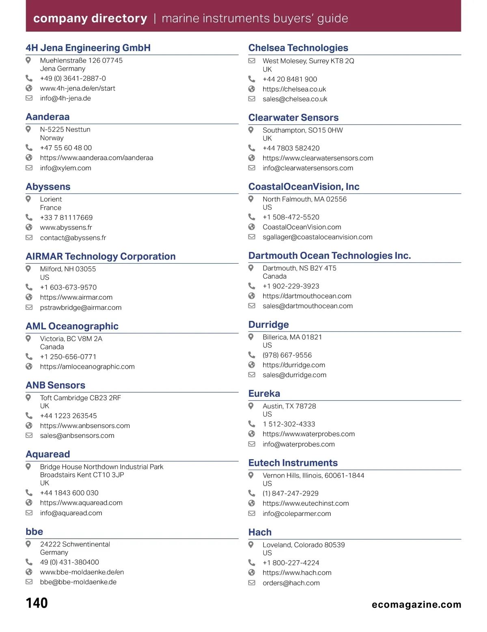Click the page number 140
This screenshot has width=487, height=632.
coord(37,603)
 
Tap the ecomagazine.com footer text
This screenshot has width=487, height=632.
coord(416,604)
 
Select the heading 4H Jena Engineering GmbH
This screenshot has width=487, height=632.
coord(88,48)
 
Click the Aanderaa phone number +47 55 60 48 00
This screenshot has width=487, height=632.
coord(66,148)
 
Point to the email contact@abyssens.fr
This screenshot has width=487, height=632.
coord(73,238)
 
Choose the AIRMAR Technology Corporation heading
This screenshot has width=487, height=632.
coord(101,256)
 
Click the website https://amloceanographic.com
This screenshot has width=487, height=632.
coord(87,367)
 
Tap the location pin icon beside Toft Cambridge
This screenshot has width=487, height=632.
coord(28,398)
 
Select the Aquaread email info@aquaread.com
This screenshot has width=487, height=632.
coord(71,513)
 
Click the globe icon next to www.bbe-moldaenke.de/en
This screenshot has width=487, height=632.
coord(29,572)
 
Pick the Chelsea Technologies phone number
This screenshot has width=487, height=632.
coord(290,79)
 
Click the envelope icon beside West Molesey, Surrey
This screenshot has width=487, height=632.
coord(252,61)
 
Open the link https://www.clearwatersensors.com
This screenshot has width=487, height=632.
coord(318,158)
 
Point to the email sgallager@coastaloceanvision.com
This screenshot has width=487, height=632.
coord(317,237)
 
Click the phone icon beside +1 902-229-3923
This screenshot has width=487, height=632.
coord(252,286)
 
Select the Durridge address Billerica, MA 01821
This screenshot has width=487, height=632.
coord(292,337)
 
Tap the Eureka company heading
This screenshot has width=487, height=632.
coord(264,393)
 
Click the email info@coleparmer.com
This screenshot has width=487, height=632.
coord(297,514)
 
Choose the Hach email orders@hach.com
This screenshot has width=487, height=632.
coord(291,583)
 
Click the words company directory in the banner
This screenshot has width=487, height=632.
coord(90,18)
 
